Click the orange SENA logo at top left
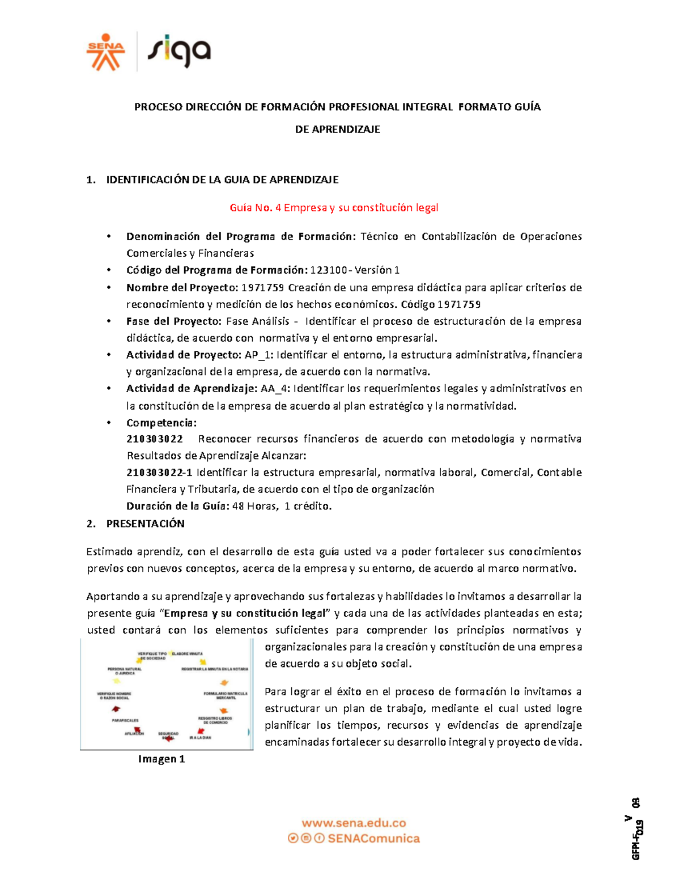tap(105, 52)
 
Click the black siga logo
tap(179, 52)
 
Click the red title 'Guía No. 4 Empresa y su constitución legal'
tap(334, 208)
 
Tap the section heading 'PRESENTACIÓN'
tap(145, 524)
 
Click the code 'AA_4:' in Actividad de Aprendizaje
tap(275, 389)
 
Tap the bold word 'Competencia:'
tap(161, 423)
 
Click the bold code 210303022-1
tap(159, 473)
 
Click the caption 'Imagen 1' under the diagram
tap(161, 759)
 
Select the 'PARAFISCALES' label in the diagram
tap(125, 721)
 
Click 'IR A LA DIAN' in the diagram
tap(200, 738)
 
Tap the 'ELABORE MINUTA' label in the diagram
tap(187, 654)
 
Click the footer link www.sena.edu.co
tap(354, 823)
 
